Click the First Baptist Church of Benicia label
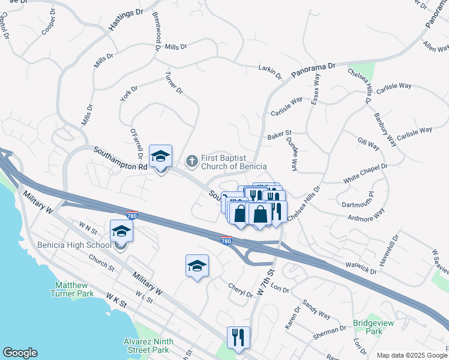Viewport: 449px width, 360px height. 234,161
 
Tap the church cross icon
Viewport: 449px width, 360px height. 192,160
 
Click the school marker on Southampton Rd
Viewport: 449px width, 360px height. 160,157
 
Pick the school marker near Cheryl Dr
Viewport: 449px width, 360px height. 197,266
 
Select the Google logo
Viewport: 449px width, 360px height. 20,353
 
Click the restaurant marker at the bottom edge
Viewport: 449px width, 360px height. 238,338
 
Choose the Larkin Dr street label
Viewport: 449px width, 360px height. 270,72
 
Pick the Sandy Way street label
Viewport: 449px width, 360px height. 316,309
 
